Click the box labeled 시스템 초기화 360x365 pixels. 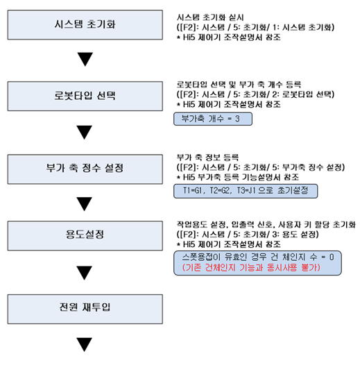tap(85, 25)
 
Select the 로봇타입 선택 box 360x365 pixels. tap(85, 96)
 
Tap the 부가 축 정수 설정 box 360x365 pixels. tap(85, 169)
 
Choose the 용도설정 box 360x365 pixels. tap(85, 235)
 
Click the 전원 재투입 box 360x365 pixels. tap(85, 309)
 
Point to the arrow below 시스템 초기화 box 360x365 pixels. tap(85, 59)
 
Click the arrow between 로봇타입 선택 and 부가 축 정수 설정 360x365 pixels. tap(85, 133)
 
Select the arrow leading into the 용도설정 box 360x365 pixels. tap(85, 204)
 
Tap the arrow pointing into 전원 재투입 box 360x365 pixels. tap(85, 273)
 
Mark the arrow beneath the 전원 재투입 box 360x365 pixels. tap(85, 344)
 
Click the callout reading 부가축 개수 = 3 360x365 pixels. tap(213, 119)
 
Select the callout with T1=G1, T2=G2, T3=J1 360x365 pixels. tap(246, 191)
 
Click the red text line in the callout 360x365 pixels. tap(251, 268)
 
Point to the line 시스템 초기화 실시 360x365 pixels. tap(210, 17)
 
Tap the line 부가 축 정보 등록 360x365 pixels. tap(207, 158)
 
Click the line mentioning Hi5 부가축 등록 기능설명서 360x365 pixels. tap(238, 178)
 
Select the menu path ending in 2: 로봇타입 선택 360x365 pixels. tap(255, 94)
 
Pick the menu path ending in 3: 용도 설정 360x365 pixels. tap(248, 234)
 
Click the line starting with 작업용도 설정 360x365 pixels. tap(266, 224)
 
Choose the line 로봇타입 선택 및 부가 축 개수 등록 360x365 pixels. tap(239, 84)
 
